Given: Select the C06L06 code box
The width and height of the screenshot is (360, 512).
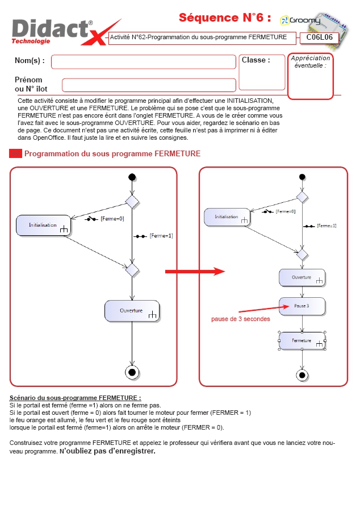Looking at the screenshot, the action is click(319, 38).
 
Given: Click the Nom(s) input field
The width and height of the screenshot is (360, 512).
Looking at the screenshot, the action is click(144, 62).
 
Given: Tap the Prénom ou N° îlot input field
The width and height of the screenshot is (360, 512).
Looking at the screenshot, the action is click(149, 85).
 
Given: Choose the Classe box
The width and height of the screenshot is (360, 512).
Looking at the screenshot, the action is click(262, 72).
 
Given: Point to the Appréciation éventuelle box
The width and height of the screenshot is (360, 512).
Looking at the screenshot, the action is click(311, 76).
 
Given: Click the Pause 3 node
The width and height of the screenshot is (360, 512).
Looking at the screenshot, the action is click(302, 306).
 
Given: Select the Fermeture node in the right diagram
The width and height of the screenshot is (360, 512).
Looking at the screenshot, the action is click(302, 341).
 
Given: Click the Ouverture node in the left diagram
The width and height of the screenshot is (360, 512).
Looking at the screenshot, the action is click(132, 311).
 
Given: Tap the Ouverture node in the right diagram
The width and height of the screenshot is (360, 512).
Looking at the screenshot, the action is click(302, 278).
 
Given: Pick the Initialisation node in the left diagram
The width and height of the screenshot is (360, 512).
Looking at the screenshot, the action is click(43, 225).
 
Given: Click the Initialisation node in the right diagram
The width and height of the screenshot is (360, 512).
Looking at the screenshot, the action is click(227, 217).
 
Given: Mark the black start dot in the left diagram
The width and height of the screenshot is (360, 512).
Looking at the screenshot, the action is click(132, 177).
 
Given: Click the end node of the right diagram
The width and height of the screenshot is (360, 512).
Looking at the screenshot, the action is click(302, 375).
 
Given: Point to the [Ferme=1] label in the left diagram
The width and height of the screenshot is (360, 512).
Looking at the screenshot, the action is click(161, 236).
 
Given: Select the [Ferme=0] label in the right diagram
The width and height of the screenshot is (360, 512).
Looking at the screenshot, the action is click(286, 211).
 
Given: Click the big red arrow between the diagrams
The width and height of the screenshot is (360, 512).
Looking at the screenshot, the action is click(195, 272).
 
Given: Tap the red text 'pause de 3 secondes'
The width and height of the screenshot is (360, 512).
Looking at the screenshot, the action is click(241, 319).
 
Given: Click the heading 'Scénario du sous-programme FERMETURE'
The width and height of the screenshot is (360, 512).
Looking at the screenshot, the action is click(75, 398).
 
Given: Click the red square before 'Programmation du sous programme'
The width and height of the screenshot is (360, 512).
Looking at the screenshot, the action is click(16, 153).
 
